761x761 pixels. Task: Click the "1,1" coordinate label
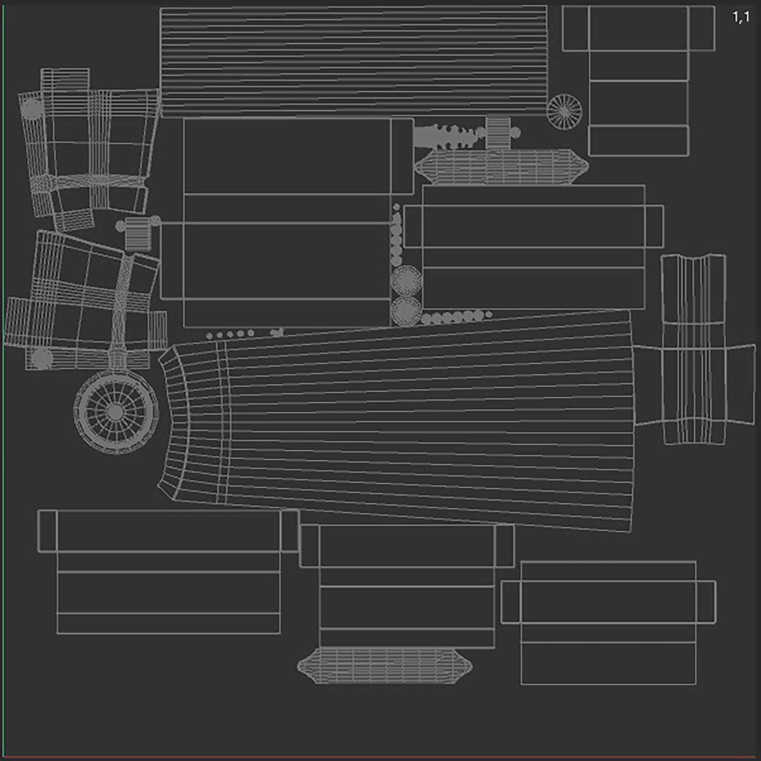click(740, 18)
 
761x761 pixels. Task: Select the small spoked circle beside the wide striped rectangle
click(564, 111)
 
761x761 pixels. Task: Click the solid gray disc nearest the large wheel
click(42, 358)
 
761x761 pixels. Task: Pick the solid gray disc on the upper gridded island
click(32, 108)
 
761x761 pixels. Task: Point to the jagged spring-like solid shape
click(449, 136)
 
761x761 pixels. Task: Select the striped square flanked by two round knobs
click(138, 235)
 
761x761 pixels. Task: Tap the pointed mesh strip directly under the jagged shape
click(501, 167)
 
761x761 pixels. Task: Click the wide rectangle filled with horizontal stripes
click(354, 62)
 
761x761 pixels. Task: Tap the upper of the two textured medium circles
click(406, 281)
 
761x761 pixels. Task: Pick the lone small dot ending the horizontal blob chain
click(489, 314)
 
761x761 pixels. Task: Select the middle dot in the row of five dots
click(230, 335)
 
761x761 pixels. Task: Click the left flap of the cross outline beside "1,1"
click(575, 29)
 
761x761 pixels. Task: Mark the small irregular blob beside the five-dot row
click(277, 333)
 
